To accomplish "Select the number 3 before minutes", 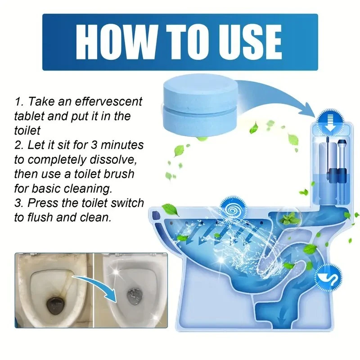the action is pyautogui.click(x=94, y=145).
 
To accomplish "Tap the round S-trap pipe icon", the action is pyautogui.click(x=328, y=279).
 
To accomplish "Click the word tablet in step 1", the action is pyautogui.click(x=29, y=116).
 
